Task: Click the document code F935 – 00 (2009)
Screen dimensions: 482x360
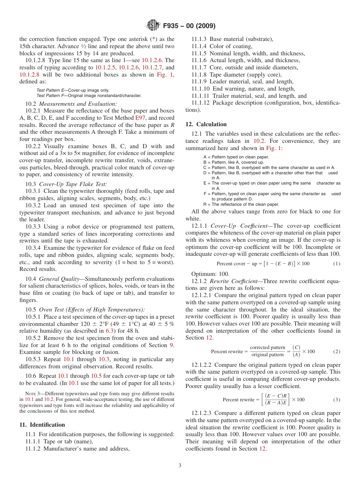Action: [x=189, y=26]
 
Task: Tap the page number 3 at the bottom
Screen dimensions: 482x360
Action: [x=180, y=466]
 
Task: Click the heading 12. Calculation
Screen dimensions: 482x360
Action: [x=206, y=124]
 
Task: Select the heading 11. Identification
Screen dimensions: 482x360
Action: [x=42, y=425]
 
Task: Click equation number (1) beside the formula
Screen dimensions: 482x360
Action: [x=337, y=264]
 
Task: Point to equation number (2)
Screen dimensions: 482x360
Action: [x=337, y=352]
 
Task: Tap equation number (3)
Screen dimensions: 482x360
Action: [x=337, y=400]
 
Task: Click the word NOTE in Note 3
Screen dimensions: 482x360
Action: [x=30, y=394]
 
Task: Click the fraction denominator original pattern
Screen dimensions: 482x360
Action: [x=268, y=355]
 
